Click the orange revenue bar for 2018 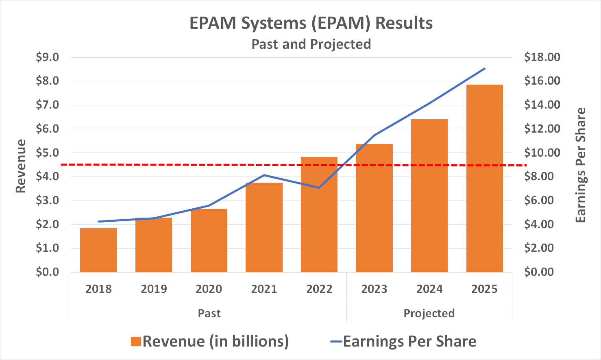tap(98, 250)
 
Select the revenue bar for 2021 tap(264, 227)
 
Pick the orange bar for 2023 tap(374, 208)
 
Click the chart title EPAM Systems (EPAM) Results tap(311, 23)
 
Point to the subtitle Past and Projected tap(311, 44)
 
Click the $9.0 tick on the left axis tap(47, 57)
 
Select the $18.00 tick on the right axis tap(542, 57)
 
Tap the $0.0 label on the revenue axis tap(47, 272)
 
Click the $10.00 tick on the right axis tap(542, 153)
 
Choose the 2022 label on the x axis tap(319, 289)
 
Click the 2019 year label tap(154, 289)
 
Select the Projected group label tap(429, 313)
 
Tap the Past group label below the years tap(209, 313)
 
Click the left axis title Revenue tap(21, 166)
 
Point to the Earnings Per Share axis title tap(581, 165)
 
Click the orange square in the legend tap(136, 341)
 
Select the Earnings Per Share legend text tap(409, 341)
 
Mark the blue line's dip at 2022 tap(319, 188)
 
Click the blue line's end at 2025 tap(485, 68)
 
